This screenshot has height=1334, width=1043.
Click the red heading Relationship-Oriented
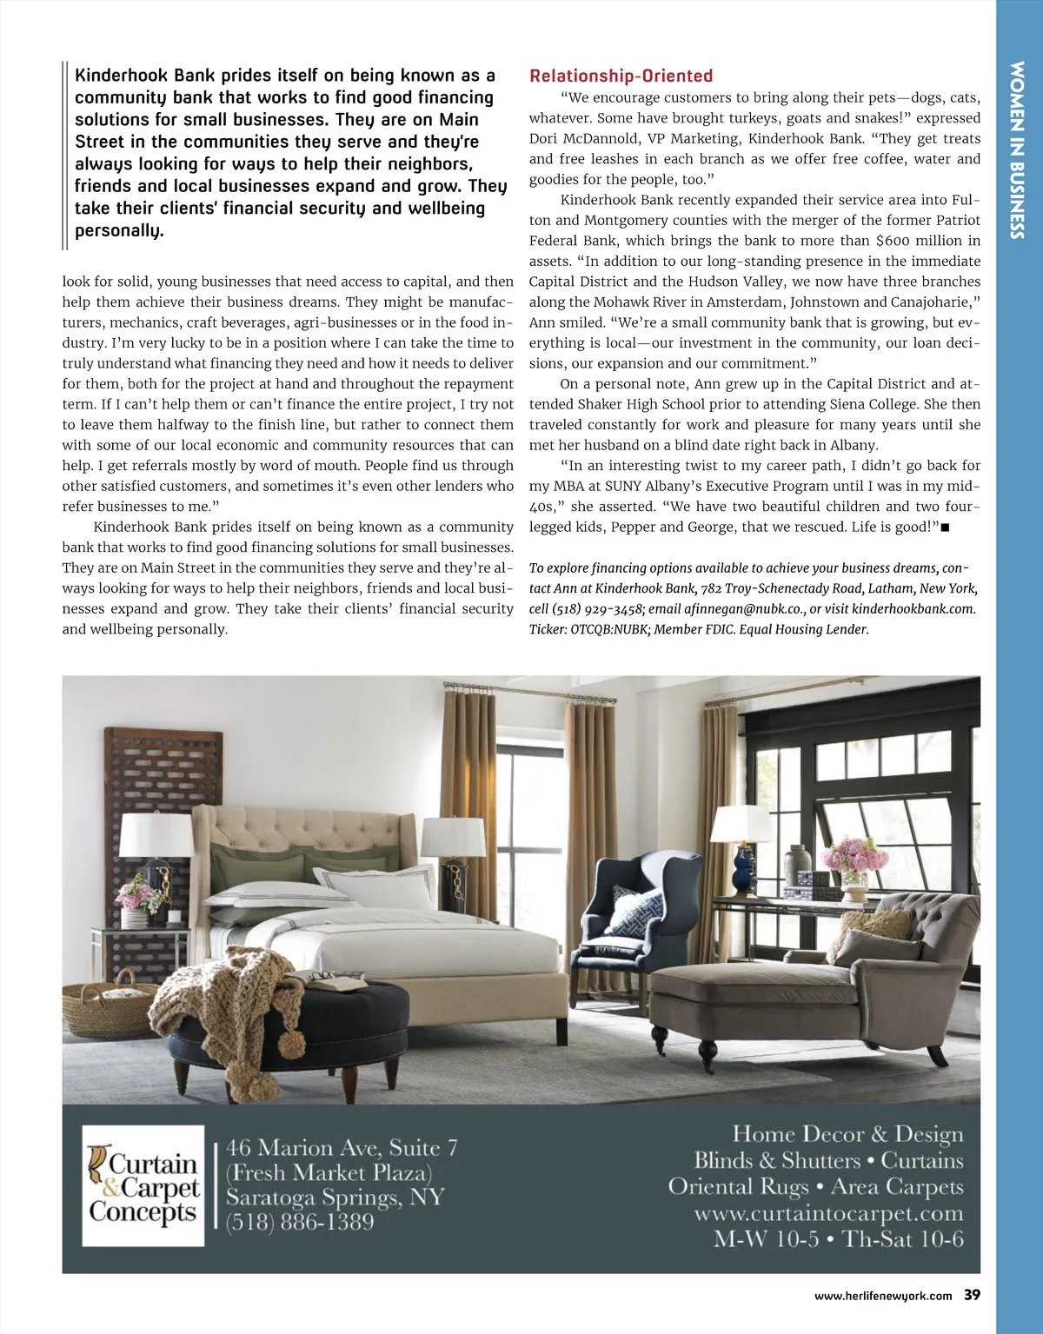point(621,76)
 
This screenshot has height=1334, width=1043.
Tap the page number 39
point(972,1295)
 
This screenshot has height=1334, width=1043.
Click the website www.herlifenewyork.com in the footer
point(882,1296)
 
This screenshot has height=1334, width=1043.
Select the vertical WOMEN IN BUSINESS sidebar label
point(1017,149)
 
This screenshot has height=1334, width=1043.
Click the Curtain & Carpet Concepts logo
point(143,1186)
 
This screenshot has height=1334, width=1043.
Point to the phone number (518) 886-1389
point(300,1222)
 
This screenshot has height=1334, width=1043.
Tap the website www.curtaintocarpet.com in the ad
point(828,1213)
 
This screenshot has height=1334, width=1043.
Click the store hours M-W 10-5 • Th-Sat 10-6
point(838,1239)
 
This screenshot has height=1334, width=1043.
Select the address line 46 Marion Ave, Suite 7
point(342,1148)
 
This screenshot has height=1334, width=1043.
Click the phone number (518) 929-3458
point(600,609)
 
